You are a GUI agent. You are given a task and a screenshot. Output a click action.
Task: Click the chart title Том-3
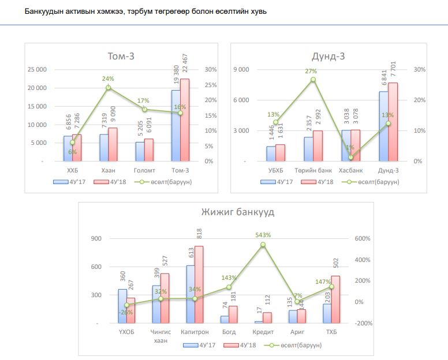tap(125, 56)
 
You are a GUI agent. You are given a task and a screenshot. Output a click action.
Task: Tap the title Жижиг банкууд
tap(238, 212)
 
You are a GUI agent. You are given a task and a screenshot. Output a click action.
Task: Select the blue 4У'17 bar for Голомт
tap(140, 152)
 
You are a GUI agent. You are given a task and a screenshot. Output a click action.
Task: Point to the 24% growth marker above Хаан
tap(108, 88)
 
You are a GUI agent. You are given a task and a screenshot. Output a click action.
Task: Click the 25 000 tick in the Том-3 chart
tap(36, 70)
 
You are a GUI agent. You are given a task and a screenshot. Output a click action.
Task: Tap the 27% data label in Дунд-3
tap(311, 72)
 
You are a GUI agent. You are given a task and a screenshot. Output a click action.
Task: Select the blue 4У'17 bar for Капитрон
tap(191, 294)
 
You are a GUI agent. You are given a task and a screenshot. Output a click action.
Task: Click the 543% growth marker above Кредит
tap(263, 245)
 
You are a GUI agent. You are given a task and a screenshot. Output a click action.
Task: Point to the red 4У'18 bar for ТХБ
tap(335, 299)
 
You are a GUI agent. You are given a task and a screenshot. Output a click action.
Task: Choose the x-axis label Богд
tap(229, 332)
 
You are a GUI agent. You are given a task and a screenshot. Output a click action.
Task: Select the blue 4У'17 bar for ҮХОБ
tap(122, 306)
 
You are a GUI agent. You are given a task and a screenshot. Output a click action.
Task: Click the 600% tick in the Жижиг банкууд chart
tap(363, 238)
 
